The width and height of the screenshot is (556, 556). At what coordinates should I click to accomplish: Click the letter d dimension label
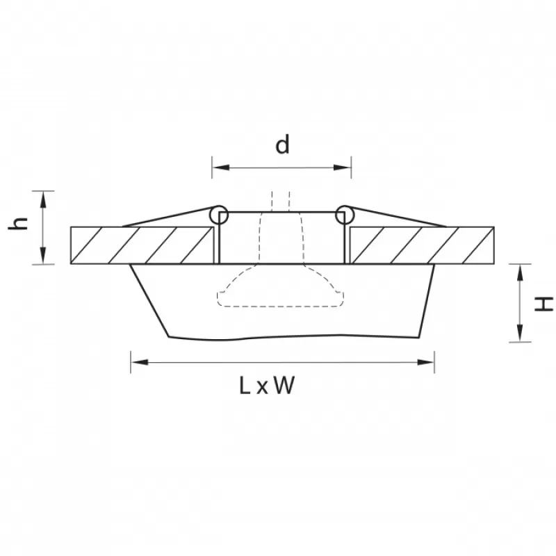(x=282, y=145)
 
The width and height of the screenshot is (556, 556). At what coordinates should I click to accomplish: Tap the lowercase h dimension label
(x=18, y=223)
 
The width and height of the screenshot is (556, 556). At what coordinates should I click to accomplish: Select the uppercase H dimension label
(x=543, y=304)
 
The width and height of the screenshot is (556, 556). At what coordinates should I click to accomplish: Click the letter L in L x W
(x=245, y=386)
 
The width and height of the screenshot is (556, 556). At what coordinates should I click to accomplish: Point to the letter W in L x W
(x=284, y=386)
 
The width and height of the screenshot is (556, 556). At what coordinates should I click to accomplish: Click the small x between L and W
(x=262, y=388)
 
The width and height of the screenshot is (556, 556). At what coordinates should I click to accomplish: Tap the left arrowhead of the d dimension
(x=221, y=167)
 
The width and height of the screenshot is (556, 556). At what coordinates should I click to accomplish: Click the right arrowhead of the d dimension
(x=343, y=167)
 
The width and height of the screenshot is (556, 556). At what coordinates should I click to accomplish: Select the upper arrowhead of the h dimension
(x=43, y=199)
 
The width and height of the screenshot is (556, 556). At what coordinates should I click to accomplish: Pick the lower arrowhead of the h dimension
(x=43, y=256)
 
